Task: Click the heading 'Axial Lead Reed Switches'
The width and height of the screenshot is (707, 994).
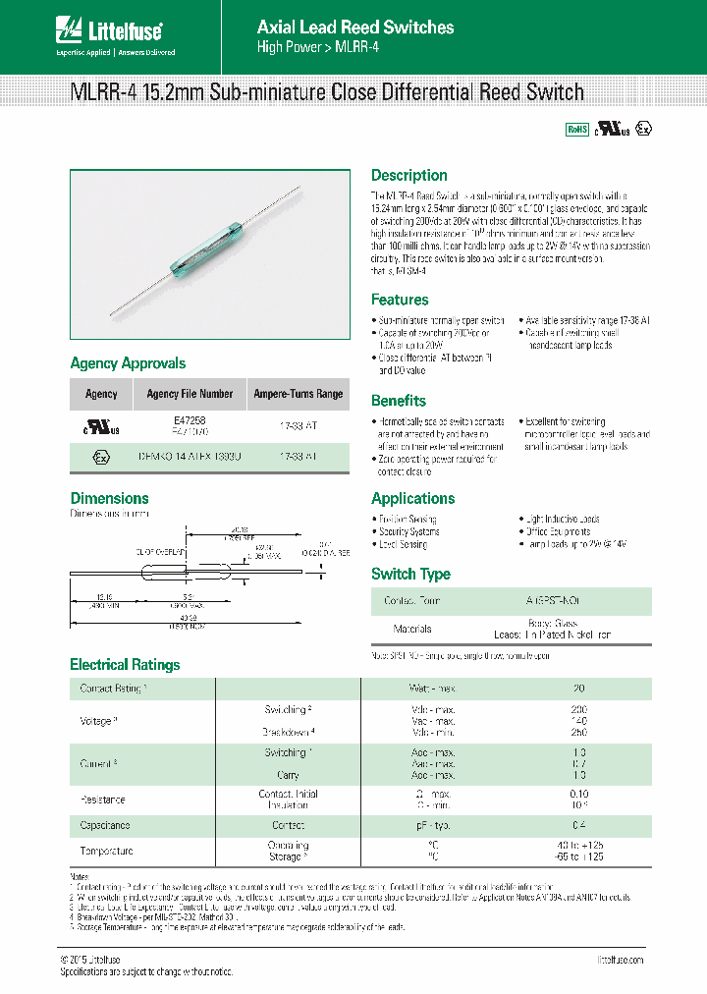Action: (x=355, y=28)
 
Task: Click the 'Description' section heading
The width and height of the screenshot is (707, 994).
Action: (x=408, y=176)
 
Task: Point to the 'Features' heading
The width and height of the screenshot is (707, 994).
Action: (x=400, y=300)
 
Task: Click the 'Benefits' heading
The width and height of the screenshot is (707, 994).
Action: (x=398, y=401)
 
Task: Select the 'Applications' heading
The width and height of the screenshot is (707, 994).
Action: (x=412, y=498)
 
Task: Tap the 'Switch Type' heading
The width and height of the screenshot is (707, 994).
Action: (x=410, y=575)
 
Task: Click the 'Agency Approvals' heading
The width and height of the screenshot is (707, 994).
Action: (x=128, y=363)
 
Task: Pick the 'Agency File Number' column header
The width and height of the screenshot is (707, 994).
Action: (x=190, y=394)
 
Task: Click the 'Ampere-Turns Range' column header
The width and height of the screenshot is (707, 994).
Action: (x=299, y=394)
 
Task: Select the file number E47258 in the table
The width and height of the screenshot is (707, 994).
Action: (x=190, y=419)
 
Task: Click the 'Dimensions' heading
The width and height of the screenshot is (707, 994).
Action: (x=109, y=498)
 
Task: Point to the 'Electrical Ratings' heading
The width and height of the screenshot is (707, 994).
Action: (x=125, y=665)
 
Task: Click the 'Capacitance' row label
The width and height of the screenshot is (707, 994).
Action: (x=104, y=826)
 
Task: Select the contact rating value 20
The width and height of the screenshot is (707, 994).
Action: (x=578, y=689)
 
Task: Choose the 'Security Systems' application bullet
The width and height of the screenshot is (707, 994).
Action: (x=410, y=531)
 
